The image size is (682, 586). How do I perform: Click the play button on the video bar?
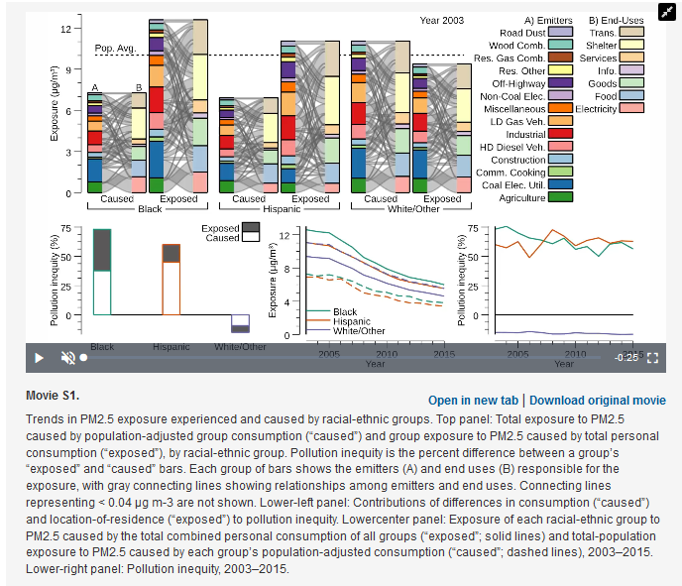coord(39,357)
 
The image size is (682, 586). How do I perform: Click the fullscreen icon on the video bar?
coord(652,357)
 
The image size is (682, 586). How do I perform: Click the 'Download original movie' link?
coord(597,401)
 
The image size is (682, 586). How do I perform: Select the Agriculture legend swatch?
coord(561,197)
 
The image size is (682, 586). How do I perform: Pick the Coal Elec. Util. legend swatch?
coord(561,184)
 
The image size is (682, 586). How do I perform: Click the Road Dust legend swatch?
coord(561,33)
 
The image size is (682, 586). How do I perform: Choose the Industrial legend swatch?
coord(561,134)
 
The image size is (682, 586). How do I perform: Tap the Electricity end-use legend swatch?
coord(631,108)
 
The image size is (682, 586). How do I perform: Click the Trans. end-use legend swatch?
coord(631,33)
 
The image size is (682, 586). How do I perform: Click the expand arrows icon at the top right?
coord(654,22)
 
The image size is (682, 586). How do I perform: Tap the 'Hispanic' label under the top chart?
coord(281,209)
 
